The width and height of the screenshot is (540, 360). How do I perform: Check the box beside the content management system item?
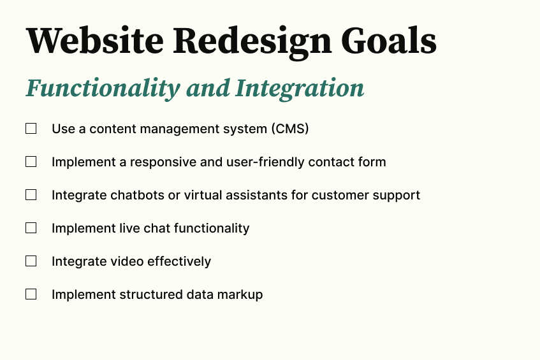(31, 129)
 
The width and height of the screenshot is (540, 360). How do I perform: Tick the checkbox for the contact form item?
(31, 162)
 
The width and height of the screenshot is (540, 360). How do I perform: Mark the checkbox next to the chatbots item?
(31, 195)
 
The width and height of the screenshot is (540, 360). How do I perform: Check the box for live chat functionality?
(31, 228)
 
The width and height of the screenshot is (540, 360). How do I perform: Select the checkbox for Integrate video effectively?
(31, 261)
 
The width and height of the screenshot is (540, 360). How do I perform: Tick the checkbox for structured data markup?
(31, 294)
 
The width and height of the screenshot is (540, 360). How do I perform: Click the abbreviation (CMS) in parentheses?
(289, 129)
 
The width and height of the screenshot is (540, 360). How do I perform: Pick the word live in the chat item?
(128, 228)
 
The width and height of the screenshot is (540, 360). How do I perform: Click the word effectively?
(182, 261)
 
